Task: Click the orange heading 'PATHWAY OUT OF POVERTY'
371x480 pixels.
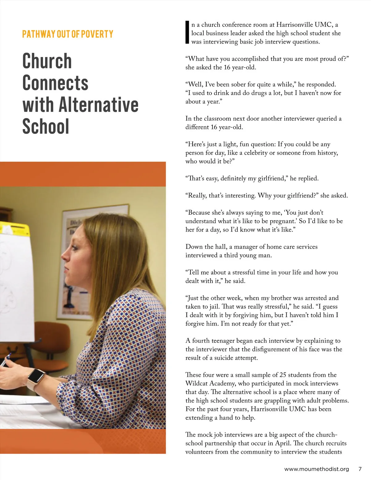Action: point(67,34)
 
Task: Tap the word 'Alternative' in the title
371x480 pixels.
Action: point(98,105)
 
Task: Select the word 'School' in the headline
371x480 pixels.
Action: point(45,126)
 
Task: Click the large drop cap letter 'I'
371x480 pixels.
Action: point(187,32)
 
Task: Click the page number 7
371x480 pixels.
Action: point(360,469)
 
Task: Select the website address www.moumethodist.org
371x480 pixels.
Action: point(316,469)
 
